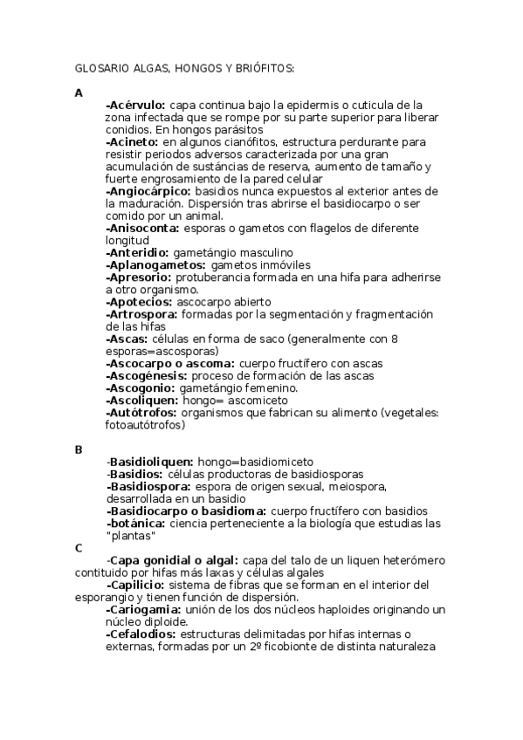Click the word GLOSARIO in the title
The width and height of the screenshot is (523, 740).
(97, 67)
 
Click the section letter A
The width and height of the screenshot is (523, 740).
(79, 92)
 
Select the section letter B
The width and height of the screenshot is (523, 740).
(79, 449)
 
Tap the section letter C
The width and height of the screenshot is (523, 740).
(79, 548)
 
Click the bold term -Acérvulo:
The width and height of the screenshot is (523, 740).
(135, 104)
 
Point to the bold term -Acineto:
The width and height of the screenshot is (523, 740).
(132, 140)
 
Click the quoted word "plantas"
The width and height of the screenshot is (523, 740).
(131, 535)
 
